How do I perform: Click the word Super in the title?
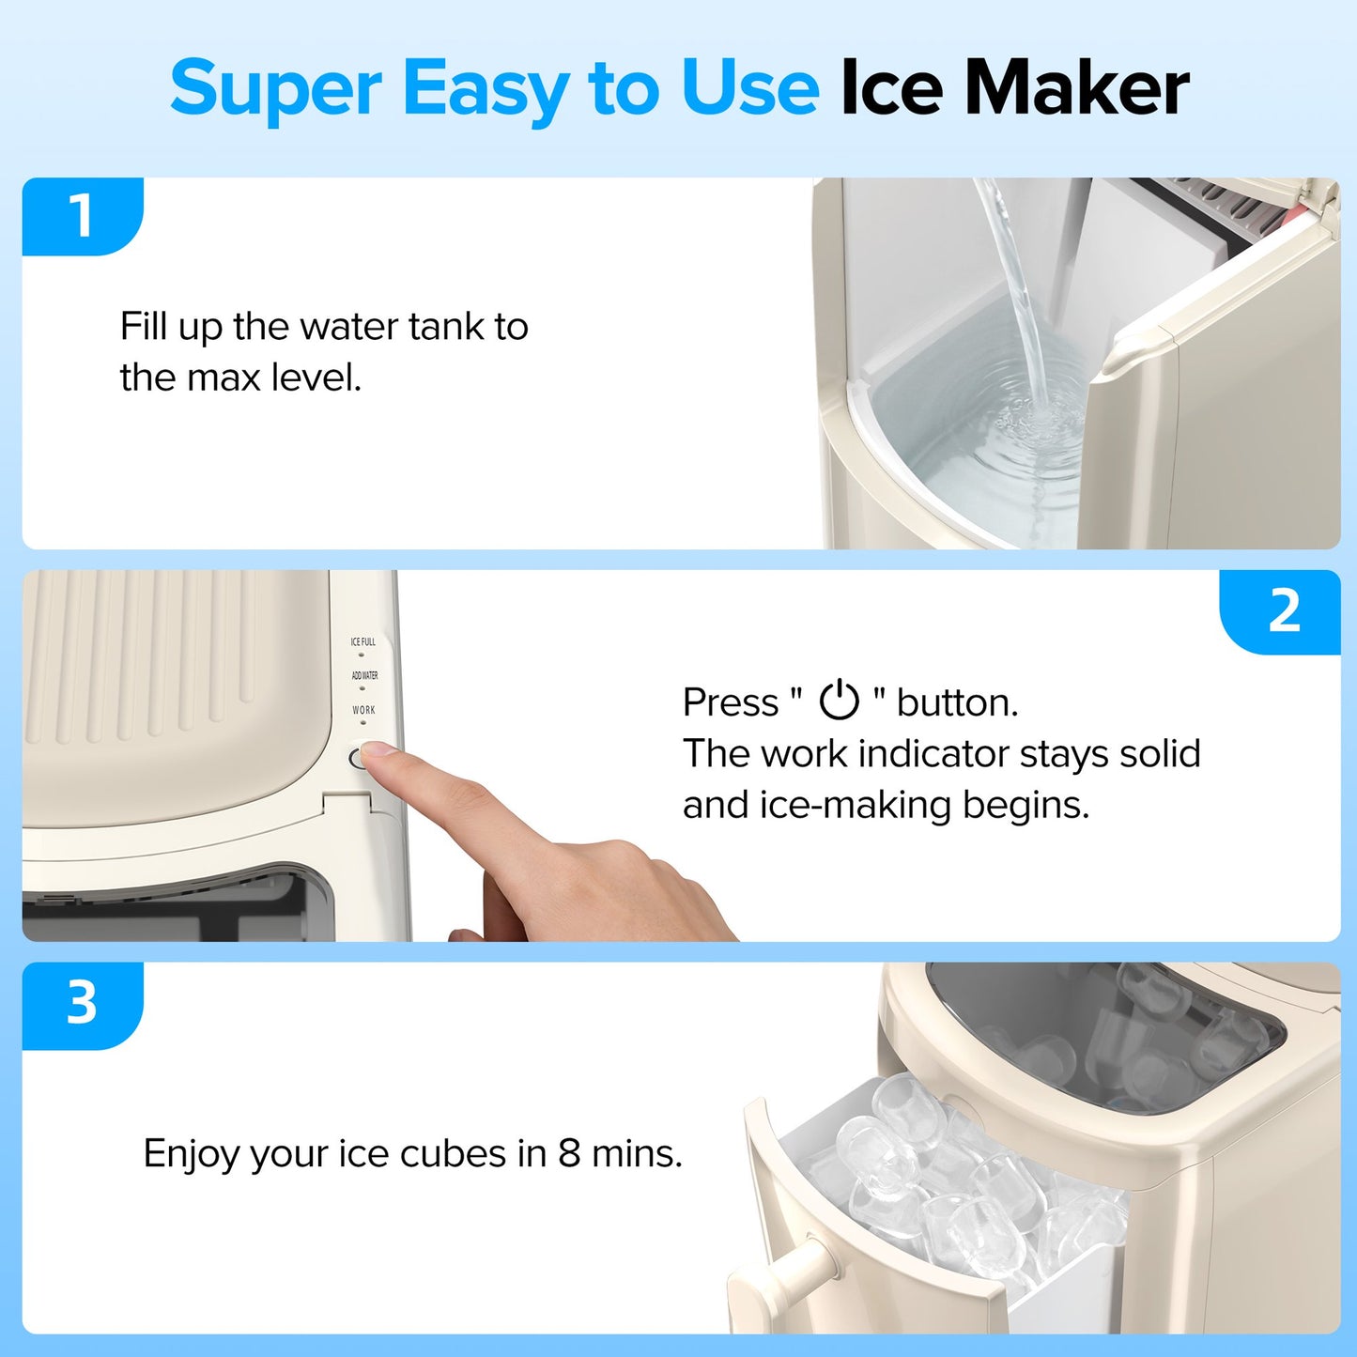tap(275, 89)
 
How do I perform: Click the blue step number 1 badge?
tap(82, 216)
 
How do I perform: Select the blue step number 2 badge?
tap(1284, 611)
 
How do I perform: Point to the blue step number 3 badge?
tap(82, 1003)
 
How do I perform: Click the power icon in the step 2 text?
tap(839, 701)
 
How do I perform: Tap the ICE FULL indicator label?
tap(362, 642)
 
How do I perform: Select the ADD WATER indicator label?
tap(364, 675)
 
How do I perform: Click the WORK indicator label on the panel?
tap(363, 710)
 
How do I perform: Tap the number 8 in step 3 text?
tap(569, 1153)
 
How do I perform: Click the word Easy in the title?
tap(485, 89)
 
